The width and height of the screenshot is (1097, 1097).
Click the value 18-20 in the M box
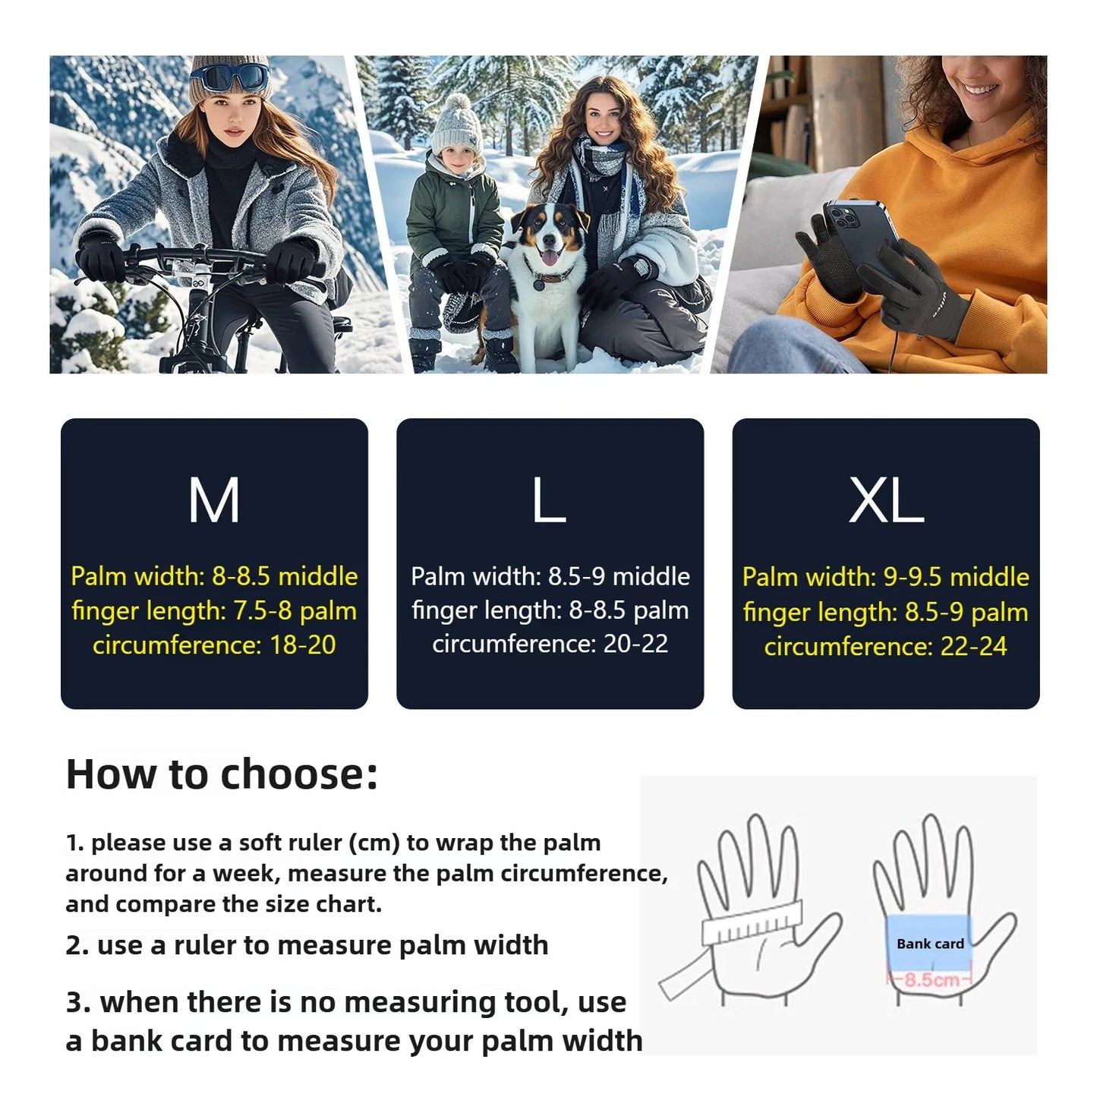point(302,645)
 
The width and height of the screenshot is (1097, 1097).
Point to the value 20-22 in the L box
point(635,644)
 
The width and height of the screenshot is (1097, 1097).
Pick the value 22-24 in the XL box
point(973,646)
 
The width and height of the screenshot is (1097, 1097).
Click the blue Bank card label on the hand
point(930,944)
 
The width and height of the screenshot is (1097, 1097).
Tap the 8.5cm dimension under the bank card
point(931,979)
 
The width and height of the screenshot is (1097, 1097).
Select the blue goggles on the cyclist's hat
point(229,77)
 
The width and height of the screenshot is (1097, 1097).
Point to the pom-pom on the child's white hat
point(459,103)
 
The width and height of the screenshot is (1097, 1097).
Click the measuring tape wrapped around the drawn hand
point(752,922)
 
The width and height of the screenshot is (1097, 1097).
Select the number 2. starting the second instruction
point(77,945)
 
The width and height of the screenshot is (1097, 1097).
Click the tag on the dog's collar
point(539,286)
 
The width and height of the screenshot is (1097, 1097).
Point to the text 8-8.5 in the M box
point(241,576)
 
